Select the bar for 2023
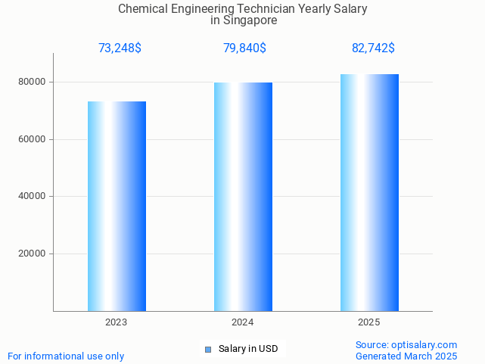[117, 206]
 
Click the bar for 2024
[243, 197]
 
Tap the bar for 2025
[369, 192]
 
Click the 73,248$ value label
[120, 48]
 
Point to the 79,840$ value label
[244, 48]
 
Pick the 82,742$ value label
[373, 48]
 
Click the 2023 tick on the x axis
[117, 322]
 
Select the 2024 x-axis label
[243, 322]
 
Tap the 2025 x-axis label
[369, 322]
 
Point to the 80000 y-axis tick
[33, 82]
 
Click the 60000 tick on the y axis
[33, 139]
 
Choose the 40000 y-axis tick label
[33, 197]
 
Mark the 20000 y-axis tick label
[33, 254]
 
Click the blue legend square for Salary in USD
[208, 349]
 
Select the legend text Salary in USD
[248, 349]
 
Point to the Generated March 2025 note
[406, 356]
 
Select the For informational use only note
[66, 356]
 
